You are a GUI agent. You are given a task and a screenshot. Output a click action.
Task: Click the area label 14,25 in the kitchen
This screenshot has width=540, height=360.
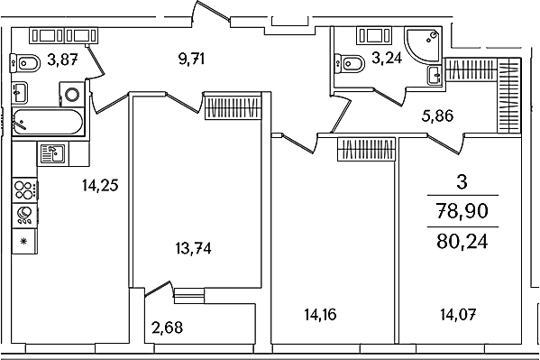click(100, 186)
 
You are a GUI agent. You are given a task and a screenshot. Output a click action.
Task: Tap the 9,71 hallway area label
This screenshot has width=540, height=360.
click(191, 59)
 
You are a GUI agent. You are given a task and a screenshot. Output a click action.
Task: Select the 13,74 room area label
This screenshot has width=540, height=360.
click(193, 248)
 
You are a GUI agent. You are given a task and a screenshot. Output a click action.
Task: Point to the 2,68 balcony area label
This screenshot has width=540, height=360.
click(167, 328)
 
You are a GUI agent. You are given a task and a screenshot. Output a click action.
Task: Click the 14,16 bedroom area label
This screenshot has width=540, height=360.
click(320, 315)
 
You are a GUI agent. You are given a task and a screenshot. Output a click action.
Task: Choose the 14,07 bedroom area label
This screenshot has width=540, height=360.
click(458, 315)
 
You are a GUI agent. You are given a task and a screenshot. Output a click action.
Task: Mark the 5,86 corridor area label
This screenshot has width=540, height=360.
click(437, 115)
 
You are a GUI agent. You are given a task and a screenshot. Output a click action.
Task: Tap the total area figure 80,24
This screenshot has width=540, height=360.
click(462, 242)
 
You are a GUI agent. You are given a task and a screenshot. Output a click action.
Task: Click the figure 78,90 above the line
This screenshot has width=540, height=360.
click(462, 211)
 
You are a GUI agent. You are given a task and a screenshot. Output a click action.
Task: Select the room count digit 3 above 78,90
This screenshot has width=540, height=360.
click(462, 181)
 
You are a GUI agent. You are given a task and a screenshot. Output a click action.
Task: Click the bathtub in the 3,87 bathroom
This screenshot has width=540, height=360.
click(48, 122)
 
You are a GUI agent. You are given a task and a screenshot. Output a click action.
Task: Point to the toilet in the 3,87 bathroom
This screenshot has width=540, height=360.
click(25, 63)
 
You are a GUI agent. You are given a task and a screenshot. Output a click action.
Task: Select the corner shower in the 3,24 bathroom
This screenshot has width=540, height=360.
click(423, 46)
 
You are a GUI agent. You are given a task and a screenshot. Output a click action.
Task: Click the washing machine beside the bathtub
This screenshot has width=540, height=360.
click(72, 94)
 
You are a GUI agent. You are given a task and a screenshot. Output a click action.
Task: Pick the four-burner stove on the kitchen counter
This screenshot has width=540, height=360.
click(25, 190)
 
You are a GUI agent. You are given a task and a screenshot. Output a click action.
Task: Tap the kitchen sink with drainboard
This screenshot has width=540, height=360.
click(53, 153)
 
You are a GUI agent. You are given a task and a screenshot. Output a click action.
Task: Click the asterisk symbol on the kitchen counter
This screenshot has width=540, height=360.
click(24, 241)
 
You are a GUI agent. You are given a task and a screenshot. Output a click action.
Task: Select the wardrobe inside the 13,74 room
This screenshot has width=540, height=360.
click(233, 106)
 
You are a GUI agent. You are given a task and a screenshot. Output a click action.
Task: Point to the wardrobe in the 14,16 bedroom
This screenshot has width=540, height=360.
click(366, 149)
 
